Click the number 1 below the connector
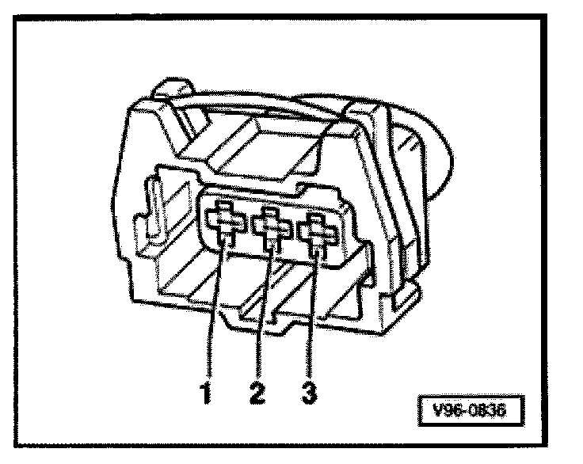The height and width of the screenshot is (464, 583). coord(207,391)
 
